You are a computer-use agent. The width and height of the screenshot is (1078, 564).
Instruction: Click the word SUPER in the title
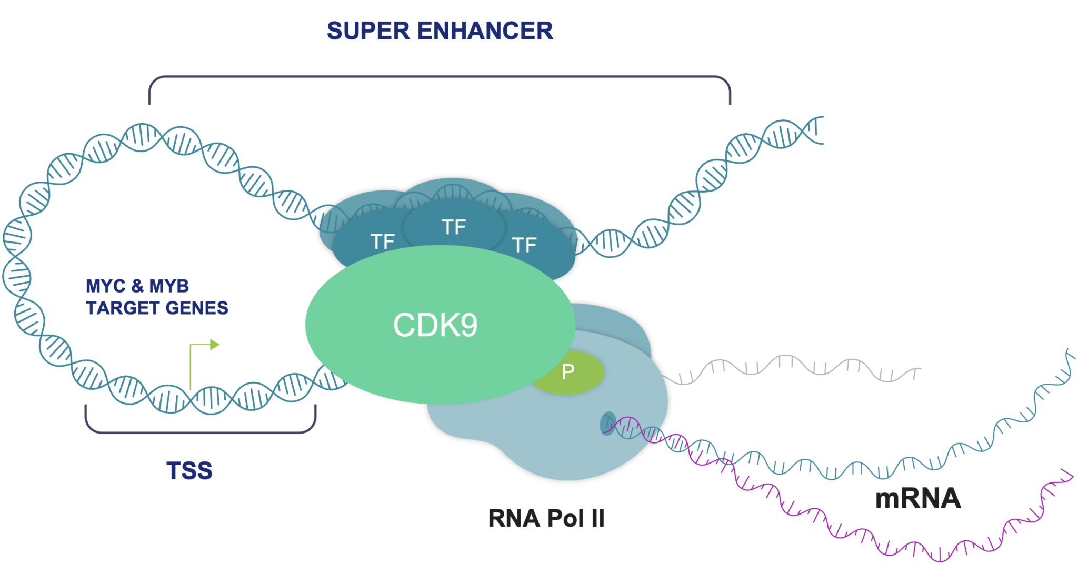click(x=367, y=31)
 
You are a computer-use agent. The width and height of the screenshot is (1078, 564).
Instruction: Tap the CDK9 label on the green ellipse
click(x=435, y=325)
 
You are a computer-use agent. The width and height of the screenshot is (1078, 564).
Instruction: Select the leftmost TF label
click(x=382, y=241)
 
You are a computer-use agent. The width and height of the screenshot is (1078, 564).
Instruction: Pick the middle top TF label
click(x=453, y=227)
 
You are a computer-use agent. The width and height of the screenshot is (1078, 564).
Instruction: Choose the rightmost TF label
click(x=524, y=245)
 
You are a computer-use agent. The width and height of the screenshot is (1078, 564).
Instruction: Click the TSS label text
click(x=189, y=470)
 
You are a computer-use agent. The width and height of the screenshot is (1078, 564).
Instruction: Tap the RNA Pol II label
click(x=546, y=518)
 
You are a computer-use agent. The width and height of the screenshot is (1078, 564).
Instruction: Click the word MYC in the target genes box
click(x=106, y=286)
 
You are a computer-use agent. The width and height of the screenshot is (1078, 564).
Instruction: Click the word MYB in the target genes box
click(x=169, y=286)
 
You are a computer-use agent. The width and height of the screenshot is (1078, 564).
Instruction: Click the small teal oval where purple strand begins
click(x=608, y=423)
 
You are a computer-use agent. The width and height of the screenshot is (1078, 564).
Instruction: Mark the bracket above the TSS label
click(x=200, y=432)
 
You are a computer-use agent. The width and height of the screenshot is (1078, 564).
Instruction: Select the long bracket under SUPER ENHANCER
click(x=440, y=77)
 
